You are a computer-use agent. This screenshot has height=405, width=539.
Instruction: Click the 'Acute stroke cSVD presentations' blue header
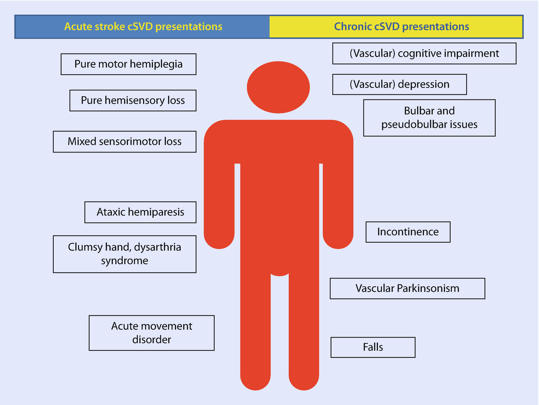[143, 27]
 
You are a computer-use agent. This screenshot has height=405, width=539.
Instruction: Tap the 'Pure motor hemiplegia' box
[128, 64]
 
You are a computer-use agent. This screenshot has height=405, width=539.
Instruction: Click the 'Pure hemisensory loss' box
[133, 101]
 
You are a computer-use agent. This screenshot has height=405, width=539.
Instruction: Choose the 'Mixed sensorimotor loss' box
[125, 142]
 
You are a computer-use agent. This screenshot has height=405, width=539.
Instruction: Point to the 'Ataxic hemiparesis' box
[140, 212]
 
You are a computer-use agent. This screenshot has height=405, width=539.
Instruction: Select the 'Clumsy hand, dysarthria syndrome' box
[125, 254]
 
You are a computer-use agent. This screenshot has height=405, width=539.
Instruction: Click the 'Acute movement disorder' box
[152, 333]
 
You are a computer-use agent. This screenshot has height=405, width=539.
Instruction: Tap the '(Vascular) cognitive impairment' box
[424, 54]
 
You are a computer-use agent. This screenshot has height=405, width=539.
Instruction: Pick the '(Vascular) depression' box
[399, 84]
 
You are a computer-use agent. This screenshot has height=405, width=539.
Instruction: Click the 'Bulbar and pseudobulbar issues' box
[429, 118]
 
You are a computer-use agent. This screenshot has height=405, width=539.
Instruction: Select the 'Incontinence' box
[408, 232]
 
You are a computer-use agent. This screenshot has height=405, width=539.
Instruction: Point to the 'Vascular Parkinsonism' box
[407, 289]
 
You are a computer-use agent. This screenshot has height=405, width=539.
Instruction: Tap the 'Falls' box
[373, 347]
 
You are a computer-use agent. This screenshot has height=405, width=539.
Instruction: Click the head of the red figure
[278, 87]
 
